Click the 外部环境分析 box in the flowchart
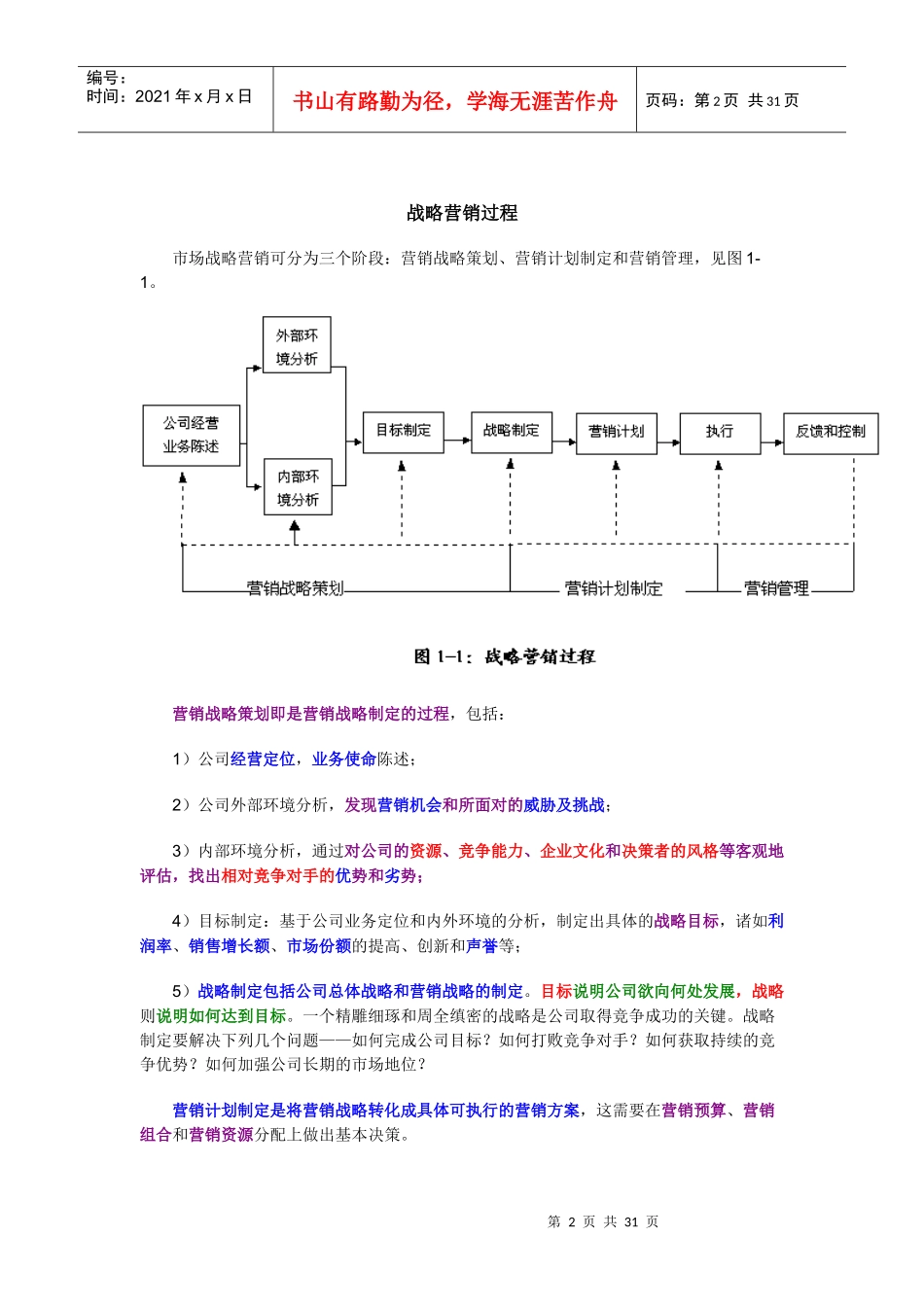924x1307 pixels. point(297,345)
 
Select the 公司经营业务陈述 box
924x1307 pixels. point(191,435)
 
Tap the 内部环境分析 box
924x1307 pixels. point(298,487)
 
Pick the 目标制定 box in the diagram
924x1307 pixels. point(403,431)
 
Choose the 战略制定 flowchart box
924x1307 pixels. point(511,431)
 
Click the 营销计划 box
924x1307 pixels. point(616,432)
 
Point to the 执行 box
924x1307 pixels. point(719,432)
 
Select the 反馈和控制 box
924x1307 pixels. point(830,432)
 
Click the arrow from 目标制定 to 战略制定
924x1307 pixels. point(457,441)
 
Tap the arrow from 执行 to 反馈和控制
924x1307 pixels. point(772,442)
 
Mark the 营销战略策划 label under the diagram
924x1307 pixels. point(295,588)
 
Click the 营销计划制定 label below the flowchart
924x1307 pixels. point(613,588)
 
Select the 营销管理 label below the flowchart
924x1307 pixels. point(775,588)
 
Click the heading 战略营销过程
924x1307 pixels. point(462,213)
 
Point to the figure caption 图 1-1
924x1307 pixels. point(504,656)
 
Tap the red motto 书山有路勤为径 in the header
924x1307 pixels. point(455,101)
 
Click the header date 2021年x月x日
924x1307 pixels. point(193,96)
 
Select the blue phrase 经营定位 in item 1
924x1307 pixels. point(263,759)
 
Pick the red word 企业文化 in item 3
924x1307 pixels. point(572,851)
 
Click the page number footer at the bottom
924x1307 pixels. point(603,1221)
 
